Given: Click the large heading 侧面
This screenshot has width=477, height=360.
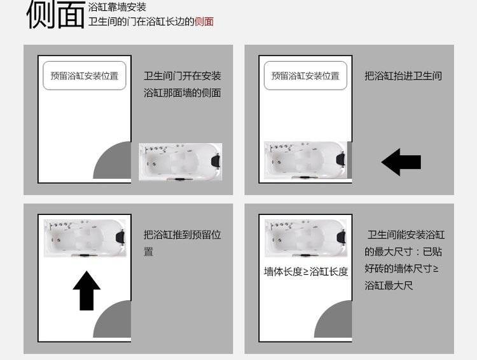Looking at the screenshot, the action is pyautogui.click(x=56, y=15).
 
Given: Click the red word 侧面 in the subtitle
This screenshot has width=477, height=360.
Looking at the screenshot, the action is pyautogui.click(x=204, y=22).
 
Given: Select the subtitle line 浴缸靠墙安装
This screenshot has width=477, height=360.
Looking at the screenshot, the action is pyautogui.click(x=117, y=7).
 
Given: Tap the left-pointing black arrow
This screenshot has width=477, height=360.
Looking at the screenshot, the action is pyautogui.click(x=401, y=162).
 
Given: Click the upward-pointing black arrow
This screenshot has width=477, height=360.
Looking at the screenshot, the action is pyautogui.click(x=86, y=291).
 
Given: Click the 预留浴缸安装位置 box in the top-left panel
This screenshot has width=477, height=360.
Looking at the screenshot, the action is pyautogui.click(x=84, y=76).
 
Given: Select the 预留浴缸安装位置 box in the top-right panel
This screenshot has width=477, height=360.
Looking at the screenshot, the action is pyautogui.click(x=305, y=76).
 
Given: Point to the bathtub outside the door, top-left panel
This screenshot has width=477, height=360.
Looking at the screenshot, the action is pyautogui.click(x=181, y=162).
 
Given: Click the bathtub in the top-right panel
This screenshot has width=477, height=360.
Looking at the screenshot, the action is pyautogui.click(x=306, y=160).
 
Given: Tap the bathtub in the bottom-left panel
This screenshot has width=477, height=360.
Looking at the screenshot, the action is pyautogui.click(x=85, y=239).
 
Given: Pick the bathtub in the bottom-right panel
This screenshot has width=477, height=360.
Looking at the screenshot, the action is pyautogui.click(x=306, y=239).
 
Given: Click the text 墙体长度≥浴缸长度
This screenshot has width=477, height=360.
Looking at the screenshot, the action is pyautogui.click(x=306, y=272).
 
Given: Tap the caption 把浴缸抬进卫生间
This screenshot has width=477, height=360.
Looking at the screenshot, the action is pyautogui.click(x=403, y=76).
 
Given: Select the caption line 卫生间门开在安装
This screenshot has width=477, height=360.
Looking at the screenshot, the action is pyautogui.click(x=183, y=76).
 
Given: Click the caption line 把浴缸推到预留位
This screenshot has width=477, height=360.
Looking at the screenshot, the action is pyautogui.click(x=183, y=235).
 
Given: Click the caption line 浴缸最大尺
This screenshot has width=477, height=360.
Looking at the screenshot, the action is pyautogui.click(x=389, y=286).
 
